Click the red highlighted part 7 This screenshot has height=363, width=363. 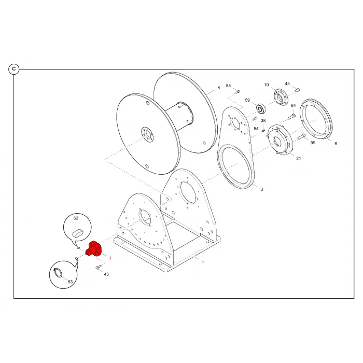pos(94,249)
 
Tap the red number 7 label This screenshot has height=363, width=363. pos(110,258)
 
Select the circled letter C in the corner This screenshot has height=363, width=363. pos(14,69)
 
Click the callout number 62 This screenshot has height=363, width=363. pos(76,218)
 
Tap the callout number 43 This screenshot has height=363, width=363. pos(106,274)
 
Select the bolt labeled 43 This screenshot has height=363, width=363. pos(99,267)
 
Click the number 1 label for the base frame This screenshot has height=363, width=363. pos(203,262)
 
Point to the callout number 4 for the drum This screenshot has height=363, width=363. pos(219,88)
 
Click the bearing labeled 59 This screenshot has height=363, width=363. pos(261,109)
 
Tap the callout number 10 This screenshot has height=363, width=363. pos(267,85)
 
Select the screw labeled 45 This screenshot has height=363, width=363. pos(297,90)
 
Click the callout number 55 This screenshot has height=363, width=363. pos(228,86)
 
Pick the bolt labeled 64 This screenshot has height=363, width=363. pos(291,117)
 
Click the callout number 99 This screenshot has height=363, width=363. pos(313,143)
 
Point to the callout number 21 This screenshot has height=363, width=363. pos(299,158)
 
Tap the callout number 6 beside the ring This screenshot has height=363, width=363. pos(336,144)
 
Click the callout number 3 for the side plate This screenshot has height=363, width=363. pos(262,189)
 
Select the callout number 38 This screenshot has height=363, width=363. pos(263,121)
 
